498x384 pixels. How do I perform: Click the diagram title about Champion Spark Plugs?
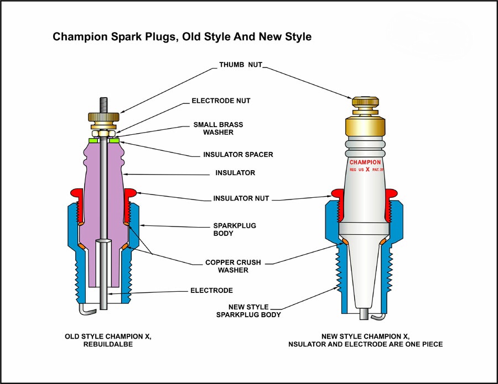tap(182, 37)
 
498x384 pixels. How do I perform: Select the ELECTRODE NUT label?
tap(221, 101)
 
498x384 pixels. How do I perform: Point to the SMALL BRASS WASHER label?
tap(217, 128)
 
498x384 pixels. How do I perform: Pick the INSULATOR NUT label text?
tap(241, 198)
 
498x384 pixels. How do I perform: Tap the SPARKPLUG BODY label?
tap(235, 229)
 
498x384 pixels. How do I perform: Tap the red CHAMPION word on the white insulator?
tap(365, 162)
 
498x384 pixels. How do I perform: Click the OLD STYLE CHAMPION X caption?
tap(107, 340)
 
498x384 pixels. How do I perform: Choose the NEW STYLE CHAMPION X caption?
tap(365, 340)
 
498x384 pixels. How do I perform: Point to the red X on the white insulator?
tap(367, 171)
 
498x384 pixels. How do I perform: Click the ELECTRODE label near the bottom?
tap(211, 290)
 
